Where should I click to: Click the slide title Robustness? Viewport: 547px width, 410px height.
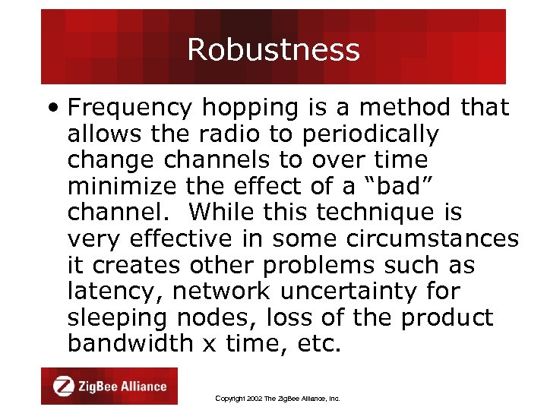273,50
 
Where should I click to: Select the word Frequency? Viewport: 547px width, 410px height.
130,108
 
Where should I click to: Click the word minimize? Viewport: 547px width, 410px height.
115,187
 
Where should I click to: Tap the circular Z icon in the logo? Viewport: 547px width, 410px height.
65,386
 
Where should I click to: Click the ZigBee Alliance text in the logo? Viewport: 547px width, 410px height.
121,386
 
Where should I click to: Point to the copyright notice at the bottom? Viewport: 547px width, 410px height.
278,398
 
